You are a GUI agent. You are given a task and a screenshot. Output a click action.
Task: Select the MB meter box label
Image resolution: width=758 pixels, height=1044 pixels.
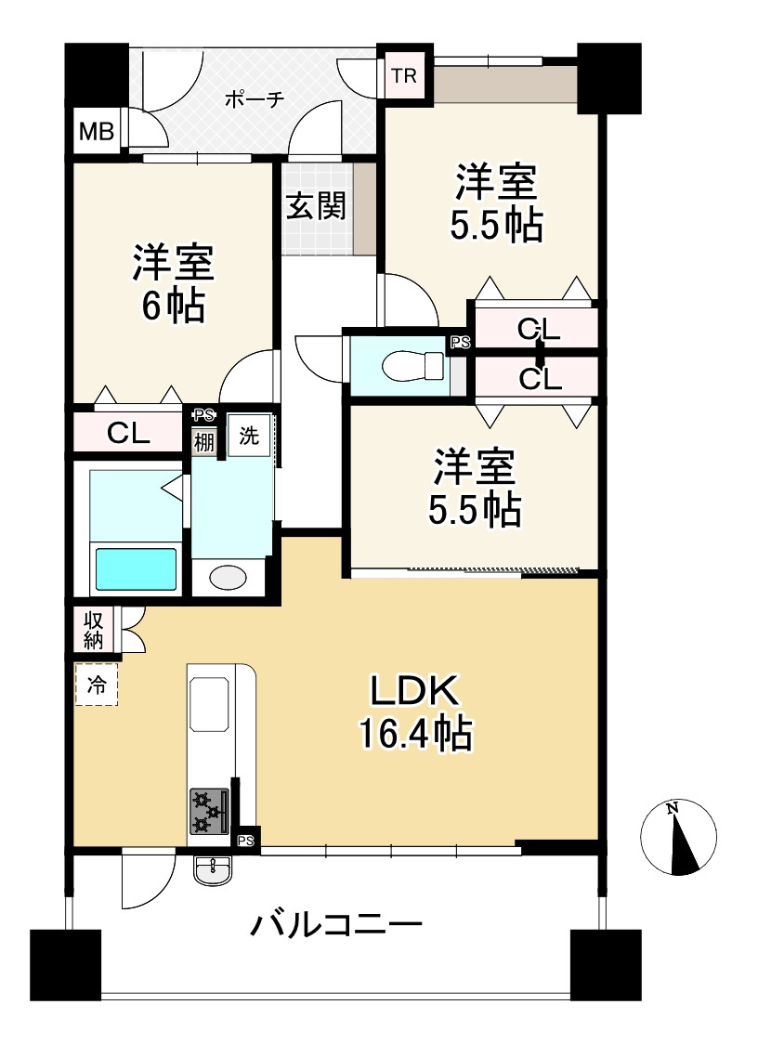pos(96,133)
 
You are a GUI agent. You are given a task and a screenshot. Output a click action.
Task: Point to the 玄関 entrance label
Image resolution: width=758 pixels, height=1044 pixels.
pos(316,206)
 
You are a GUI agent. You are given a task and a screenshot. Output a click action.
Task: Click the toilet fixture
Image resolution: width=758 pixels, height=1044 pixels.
pos(416,366)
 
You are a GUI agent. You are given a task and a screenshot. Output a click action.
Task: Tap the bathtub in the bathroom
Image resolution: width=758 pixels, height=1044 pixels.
pos(136,568)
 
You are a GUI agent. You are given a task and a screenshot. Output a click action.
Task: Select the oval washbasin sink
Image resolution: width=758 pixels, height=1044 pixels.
pos(229,578)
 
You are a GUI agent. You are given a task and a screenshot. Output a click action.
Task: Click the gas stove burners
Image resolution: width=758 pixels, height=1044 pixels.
pos(210,810)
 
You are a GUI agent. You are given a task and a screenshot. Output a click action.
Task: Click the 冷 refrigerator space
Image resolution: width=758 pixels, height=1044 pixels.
pos(97,685)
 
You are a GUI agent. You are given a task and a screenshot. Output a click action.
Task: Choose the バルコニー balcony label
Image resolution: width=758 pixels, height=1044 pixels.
pos(337,925)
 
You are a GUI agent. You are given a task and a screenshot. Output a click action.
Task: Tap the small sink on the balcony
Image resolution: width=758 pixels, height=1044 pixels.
pos(215,869)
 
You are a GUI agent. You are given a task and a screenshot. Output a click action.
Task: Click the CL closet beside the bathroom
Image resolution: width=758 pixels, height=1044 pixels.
pos(128,433)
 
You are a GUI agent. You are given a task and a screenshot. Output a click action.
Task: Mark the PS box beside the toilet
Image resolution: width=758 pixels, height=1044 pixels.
pos(460,343)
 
